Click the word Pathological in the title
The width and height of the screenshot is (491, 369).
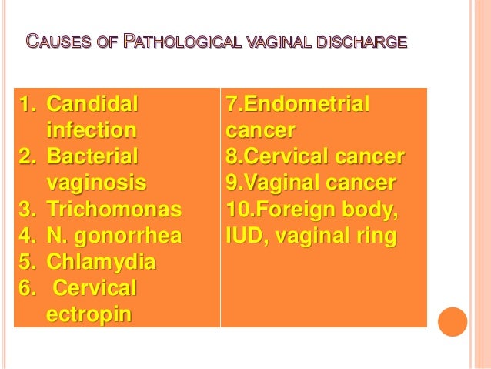182,41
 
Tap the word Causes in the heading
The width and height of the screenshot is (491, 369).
58,41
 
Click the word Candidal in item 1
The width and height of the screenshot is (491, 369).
92,104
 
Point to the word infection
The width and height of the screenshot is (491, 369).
92,129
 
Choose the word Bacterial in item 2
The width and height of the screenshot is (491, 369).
92,156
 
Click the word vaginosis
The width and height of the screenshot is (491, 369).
96,183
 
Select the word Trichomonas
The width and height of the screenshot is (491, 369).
114,209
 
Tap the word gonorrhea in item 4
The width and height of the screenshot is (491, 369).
128,236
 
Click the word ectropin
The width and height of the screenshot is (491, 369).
89,314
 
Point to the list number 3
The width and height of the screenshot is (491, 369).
26,210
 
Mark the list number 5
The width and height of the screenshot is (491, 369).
26,262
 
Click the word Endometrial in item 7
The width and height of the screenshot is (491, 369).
306,104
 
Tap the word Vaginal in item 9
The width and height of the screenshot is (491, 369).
282,183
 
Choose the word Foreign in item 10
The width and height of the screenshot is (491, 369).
296,210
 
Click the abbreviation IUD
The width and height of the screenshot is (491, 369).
247,236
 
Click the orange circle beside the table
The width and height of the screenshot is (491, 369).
453,322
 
